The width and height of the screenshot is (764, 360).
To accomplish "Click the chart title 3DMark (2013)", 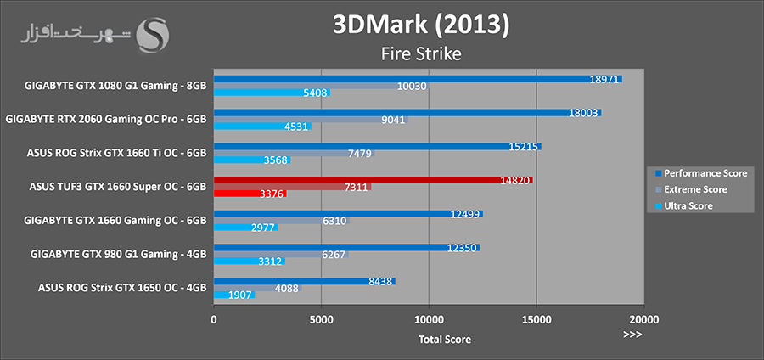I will tap(421, 24).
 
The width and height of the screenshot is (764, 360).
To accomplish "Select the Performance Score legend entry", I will tap(699, 172).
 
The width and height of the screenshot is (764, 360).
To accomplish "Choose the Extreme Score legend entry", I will tap(694, 189).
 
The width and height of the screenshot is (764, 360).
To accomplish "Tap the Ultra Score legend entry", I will tap(688, 205).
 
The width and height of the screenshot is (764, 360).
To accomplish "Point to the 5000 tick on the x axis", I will tap(321, 319).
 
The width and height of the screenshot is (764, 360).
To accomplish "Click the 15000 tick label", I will tap(536, 319).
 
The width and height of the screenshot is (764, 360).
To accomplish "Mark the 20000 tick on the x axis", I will tap(643, 319).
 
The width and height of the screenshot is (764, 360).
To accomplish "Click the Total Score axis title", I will tap(444, 339).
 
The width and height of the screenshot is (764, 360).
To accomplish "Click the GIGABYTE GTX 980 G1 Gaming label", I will tap(118, 253).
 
